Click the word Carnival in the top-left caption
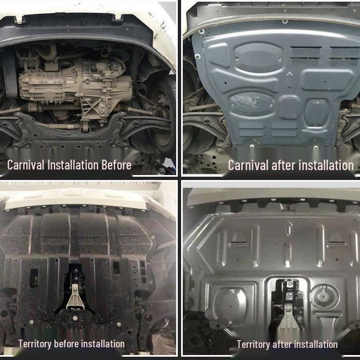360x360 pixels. point(25,165)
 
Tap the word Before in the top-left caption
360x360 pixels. point(116,165)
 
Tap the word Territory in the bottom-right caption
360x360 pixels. point(254,344)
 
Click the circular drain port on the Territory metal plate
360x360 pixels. point(324,297)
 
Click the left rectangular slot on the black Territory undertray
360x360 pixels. point(34,278)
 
